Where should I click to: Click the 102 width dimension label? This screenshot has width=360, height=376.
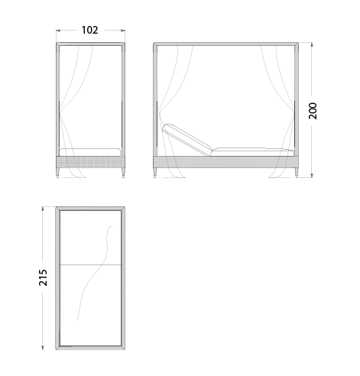point(89,30)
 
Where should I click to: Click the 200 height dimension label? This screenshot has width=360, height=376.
point(313,111)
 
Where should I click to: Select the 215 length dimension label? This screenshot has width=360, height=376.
point(43,277)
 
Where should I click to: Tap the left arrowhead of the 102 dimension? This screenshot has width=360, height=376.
point(58,31)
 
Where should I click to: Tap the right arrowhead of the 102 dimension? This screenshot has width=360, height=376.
point(123,31)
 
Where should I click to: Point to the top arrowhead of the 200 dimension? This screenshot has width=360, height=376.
point(312,44)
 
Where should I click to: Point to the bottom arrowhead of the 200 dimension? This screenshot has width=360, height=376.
point(312,175)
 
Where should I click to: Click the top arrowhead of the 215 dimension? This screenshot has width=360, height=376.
point(43,209)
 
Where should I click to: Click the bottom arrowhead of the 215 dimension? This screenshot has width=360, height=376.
point(43,348)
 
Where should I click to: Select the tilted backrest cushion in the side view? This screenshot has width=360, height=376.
point(186,139)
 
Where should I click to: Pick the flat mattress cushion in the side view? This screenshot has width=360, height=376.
point(252,152)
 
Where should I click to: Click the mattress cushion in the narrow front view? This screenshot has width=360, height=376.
point(89,152)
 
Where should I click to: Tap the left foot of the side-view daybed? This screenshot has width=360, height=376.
point(155,173)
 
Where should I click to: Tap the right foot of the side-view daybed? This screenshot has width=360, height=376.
point(297,173)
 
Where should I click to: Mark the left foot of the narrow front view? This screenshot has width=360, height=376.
point(57,173)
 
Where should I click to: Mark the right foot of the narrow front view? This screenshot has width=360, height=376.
point(124,173)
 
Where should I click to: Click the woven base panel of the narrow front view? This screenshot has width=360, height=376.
point(91,162)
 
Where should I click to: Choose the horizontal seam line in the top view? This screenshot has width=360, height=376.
point(90,264)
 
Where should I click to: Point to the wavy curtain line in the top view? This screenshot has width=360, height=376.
point(95,273)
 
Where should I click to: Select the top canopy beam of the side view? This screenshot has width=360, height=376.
point(225,44)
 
